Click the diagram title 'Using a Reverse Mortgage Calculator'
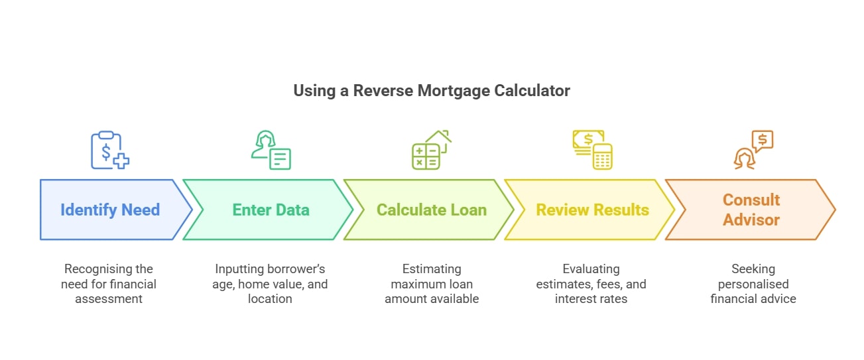point(432,91)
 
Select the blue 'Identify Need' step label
point(110,210)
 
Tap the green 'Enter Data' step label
point(271,210)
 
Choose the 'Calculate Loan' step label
point(432,210)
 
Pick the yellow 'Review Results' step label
point(592,210)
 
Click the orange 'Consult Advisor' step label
point(751,210)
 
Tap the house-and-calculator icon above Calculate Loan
point(431,150)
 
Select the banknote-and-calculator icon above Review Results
point(592,150)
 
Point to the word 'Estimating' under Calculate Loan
point(431,269)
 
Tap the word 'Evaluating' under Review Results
point(591,269)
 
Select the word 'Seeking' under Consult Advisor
point(753,269)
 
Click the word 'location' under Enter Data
point(270,299)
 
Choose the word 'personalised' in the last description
point(753,284)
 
